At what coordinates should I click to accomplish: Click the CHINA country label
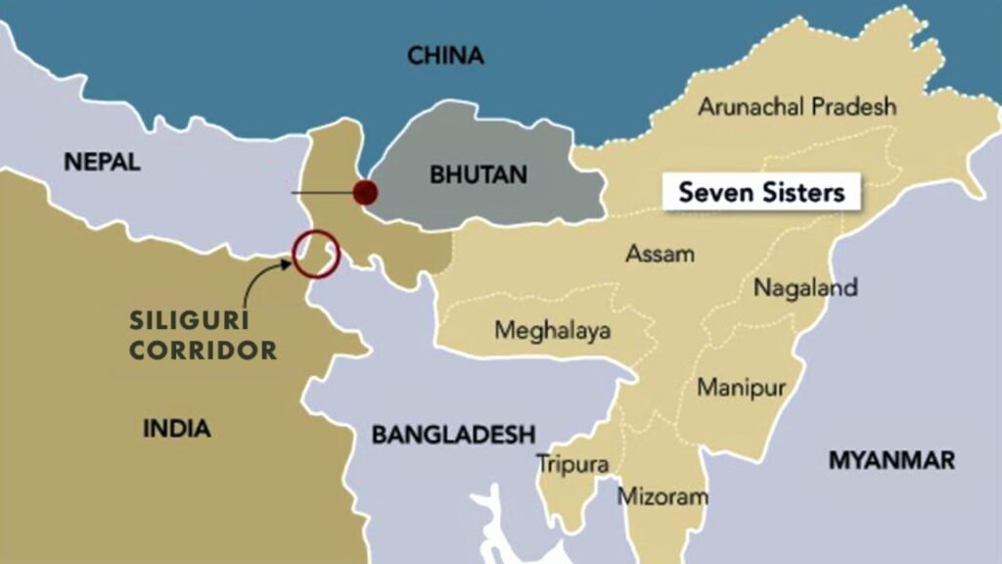pyautogui.click(x=445, y=56)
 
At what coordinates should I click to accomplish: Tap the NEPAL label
pyautogui.click(x=102, y=163)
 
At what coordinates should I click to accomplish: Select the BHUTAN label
pyautogui.click(x=478, y=175)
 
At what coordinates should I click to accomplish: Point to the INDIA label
pyautogui.click(x=176, y=428)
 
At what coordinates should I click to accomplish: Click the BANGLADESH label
pyautogui.click(x=453, y=434)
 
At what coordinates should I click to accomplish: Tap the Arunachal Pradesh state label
pyautogui.click(x=797, y=107)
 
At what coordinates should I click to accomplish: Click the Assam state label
pyautogui.click(x=660, y=255)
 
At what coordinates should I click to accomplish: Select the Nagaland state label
pyautogui.click(x=805, y=288)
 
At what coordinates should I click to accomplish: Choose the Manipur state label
pyautogui.click(x=741, y=387)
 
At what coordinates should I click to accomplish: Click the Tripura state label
pyautogui.click(x=572, y=464)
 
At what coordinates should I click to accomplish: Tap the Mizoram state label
pyautogui.click(x=661, y=496)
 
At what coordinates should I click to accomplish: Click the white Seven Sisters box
pyautogui.click(x=761, y=192)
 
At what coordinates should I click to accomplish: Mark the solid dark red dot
pyautogui.click(x=366, y=192)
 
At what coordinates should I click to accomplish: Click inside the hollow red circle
pyautogui.click(x=315, y=253)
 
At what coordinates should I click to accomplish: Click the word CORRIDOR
pyautogui.click(x=203, y=350)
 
